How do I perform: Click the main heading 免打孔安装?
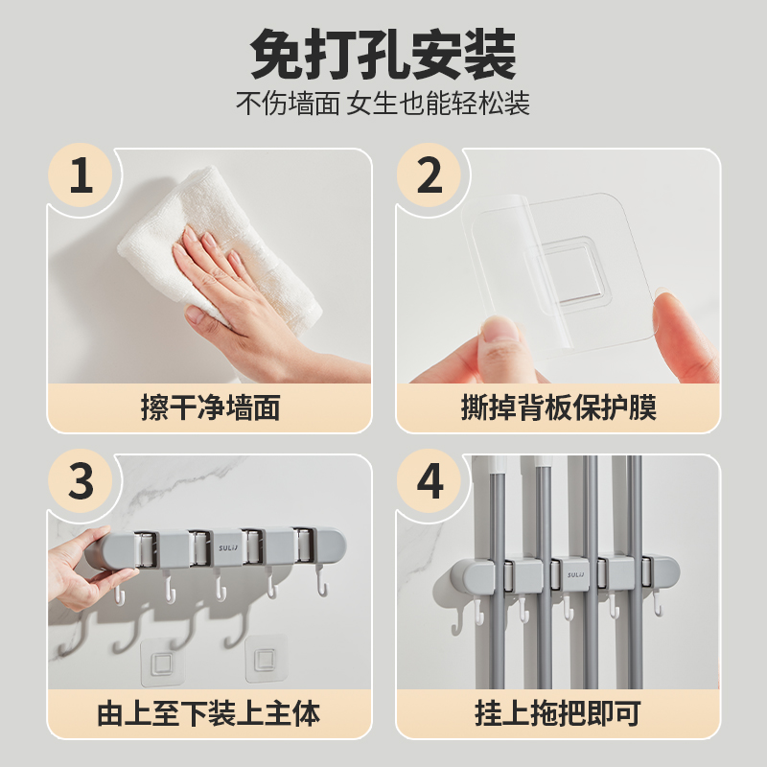pos(383,54)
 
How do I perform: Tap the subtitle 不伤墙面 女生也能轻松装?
pos(383,104)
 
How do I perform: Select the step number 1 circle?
pos(81,174)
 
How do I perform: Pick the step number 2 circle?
pos(429,174)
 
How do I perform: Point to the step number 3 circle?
pos(81,481)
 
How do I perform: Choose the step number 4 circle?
pos(429,481)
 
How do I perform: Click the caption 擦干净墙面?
pos(210,407)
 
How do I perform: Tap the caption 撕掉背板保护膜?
pos(559,407)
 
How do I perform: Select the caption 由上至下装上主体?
pos(209,713)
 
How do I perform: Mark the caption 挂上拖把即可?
pos(558,713)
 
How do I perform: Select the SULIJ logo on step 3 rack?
pos(228,547)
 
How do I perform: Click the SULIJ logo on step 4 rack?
pos(576,574)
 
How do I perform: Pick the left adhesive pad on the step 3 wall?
pos(161,662)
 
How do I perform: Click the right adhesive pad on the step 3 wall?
pos(266,659)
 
